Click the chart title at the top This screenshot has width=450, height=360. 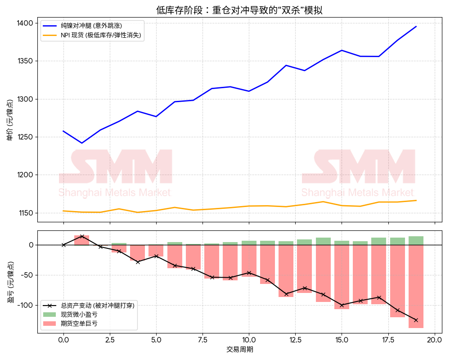pyautogui.click(x=239, y=10)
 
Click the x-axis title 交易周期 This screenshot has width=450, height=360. pyautogui.click(x=239, y=350)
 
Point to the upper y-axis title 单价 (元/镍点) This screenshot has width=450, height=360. pyautogui.click(x=9, y=122)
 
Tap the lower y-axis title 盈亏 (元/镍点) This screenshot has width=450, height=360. pyautogui.click(x=9, y=282)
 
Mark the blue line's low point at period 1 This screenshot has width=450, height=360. pyautogui.click(x=82, y=143)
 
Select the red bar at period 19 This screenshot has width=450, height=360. pyautogui.click(x=416, y=286)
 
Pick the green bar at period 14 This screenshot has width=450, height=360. pyautogui.click(x=323, y=241)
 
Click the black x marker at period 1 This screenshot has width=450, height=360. pyautogui.click(x=82, y=236)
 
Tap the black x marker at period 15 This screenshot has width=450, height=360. pyautogui.click(x=342, y=305)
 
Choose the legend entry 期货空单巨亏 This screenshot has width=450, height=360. pyautogui.click(x=79, y=323)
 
